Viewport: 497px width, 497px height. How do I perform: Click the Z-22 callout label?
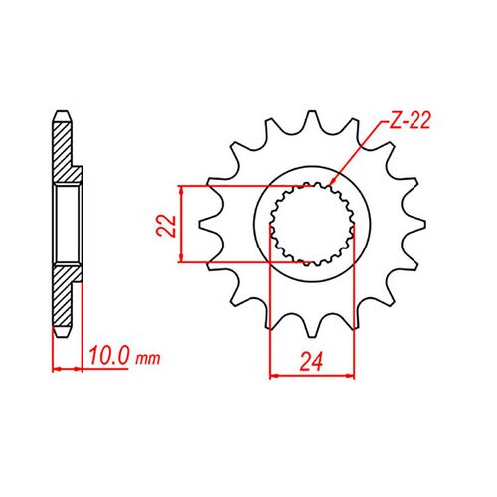410,120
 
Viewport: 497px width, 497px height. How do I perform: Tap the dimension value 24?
311,362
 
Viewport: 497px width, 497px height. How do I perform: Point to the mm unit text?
148,358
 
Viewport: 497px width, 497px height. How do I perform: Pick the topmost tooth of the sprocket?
311,121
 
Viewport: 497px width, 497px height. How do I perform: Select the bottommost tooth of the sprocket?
312,327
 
